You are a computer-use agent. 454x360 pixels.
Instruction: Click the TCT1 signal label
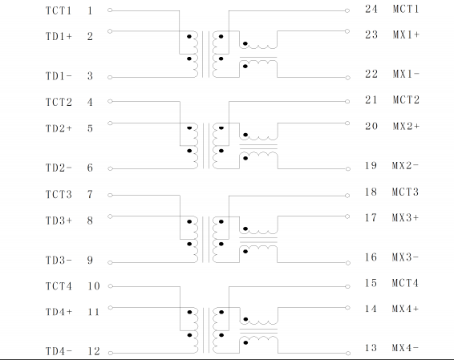tap(59, 10)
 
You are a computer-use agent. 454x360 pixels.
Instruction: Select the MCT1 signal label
tap(406, 9)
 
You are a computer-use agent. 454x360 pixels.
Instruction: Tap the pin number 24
tap(371, 9)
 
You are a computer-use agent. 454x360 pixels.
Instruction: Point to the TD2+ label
tap(59, 128)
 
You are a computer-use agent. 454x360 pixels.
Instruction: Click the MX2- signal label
tap(405, 165)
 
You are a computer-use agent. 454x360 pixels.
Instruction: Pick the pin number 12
tap(94, 351)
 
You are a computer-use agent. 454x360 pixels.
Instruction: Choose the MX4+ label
tap(405, 309)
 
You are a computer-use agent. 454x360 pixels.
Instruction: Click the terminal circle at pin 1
tap(110, 10)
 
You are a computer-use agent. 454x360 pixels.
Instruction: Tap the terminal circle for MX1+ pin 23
tap(347, 31)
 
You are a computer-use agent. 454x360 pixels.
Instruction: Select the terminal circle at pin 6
tap(110, 168)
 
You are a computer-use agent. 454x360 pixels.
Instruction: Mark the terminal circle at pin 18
tap(347, 196)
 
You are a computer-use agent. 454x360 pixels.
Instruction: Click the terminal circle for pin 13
tap(348, 354)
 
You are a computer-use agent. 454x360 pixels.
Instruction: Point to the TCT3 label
tap(59, 194)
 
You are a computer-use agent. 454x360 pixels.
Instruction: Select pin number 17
tap(371, 217)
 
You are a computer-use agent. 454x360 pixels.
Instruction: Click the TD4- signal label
tap(59, 351)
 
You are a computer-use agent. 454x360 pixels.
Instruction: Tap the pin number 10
tap(94, 286)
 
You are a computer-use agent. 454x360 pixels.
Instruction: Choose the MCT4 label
tap(405, 283)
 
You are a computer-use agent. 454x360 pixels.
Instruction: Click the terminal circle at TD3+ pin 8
tap(110, 216)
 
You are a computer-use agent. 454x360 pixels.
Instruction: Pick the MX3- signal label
tap(405, 257)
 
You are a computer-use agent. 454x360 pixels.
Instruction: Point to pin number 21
tap(371, 100)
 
